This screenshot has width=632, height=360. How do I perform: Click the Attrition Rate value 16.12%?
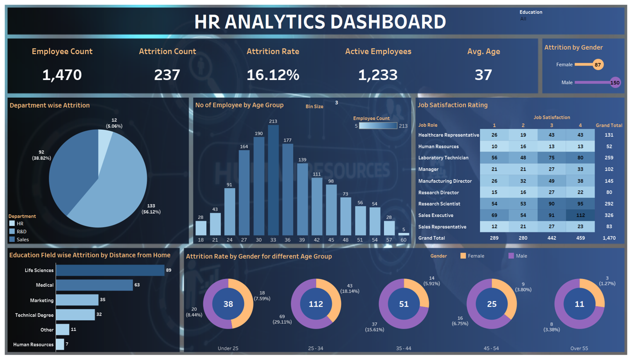coord(272,75)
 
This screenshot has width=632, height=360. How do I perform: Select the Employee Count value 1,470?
coord(62,75)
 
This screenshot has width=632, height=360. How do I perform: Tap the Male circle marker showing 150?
coord(615,82)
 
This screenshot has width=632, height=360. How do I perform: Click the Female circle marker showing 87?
coord(597,64)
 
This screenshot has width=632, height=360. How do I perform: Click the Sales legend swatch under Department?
coord(12,239)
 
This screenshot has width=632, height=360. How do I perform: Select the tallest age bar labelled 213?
coord(273,180)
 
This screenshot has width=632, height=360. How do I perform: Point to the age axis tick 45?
coord(331,240)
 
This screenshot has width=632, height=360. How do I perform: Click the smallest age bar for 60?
coord(403,234)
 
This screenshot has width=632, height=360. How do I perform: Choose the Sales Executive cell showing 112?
coord(580,215)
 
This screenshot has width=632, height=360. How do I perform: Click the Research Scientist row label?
coord(439,204)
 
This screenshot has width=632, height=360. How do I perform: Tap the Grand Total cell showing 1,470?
coord(609,238)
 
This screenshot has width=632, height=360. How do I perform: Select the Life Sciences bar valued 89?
coord(110,270)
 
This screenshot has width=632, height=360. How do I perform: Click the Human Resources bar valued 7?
coord(60,344)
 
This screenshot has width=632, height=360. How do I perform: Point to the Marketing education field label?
coord(41,300)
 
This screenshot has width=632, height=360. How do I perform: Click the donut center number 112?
coord(316,304)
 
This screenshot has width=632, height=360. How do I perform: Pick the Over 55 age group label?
coord(579,348)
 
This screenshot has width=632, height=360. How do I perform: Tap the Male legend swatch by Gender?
coord(511,256)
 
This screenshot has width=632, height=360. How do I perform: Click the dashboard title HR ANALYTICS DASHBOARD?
coord(320,22)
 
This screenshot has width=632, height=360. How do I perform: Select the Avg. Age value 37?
coord(483,75)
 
